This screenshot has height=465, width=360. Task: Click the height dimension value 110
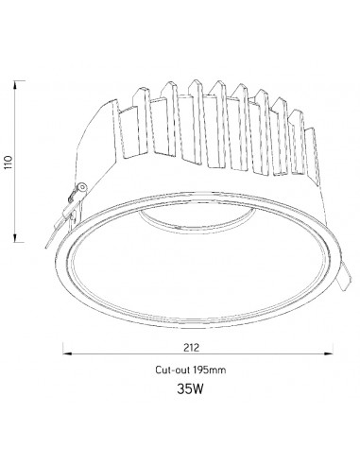[x=9, y=162]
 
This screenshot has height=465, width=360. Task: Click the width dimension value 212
[x=192, y=347]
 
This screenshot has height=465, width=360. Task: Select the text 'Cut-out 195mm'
[x=191, y=370]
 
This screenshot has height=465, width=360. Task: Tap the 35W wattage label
[x=190, y=389]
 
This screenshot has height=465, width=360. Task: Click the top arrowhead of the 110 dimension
[x=15, y=84]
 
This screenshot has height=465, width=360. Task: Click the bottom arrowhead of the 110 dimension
[x=15, y=238]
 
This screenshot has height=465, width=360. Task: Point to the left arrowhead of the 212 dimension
[x=67, y=353]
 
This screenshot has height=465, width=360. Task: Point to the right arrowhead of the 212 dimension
[x=329, y=353]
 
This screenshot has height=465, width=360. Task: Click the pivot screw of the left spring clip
[x=82, y=187]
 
